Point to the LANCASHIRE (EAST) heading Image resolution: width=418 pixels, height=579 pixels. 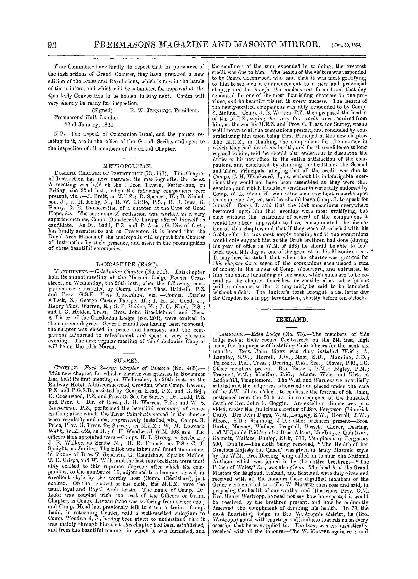coord(127,263)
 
